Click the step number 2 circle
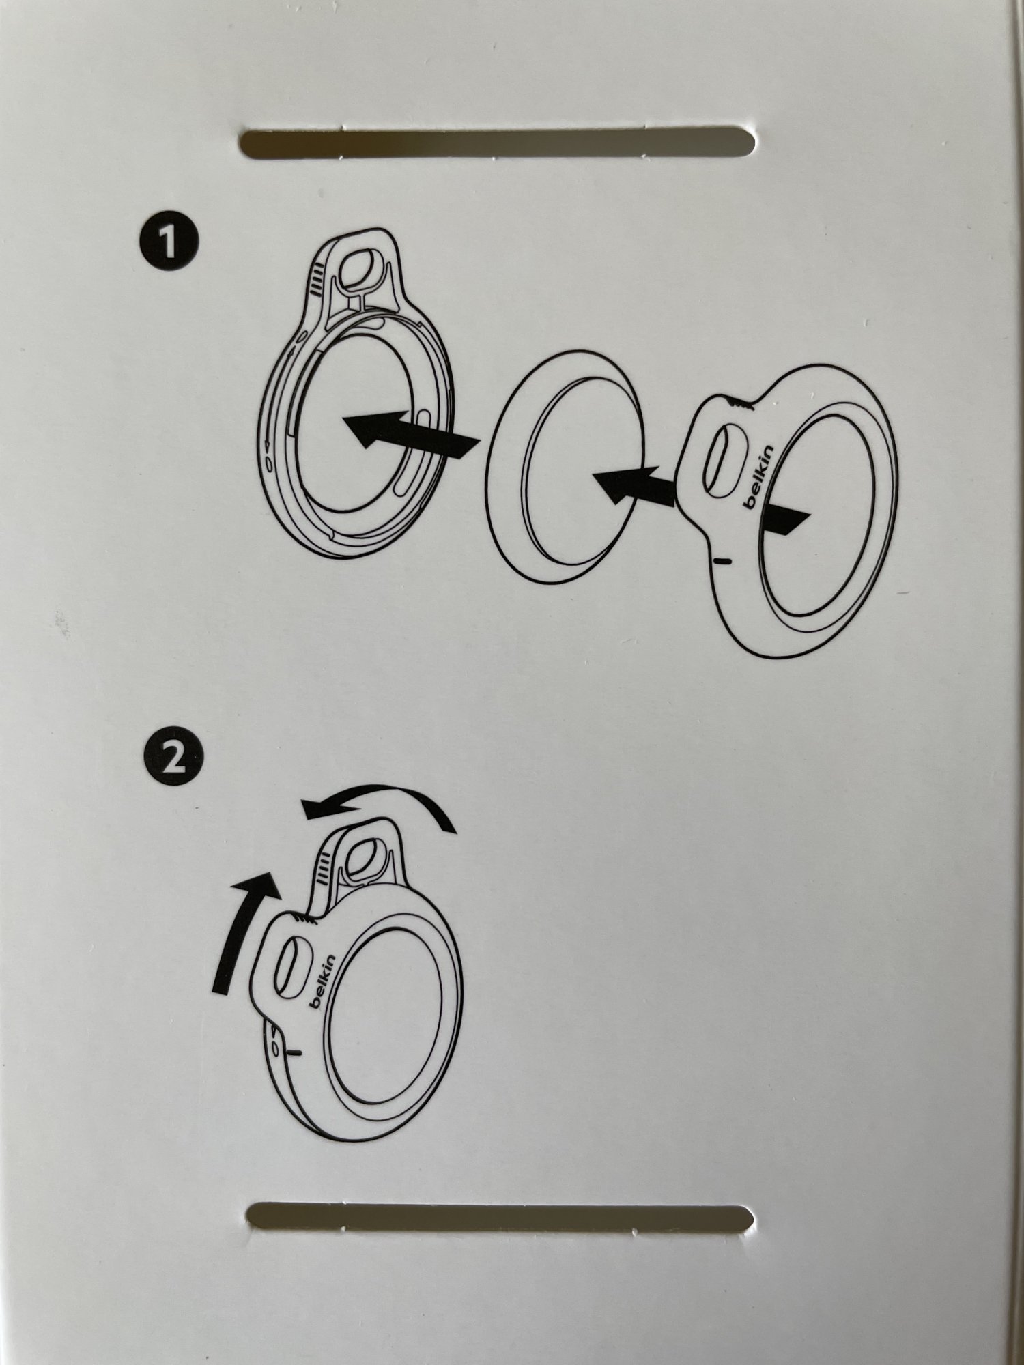click(173, 758)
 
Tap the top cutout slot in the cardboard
click(498, 143)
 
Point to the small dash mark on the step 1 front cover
click(722, 560)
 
